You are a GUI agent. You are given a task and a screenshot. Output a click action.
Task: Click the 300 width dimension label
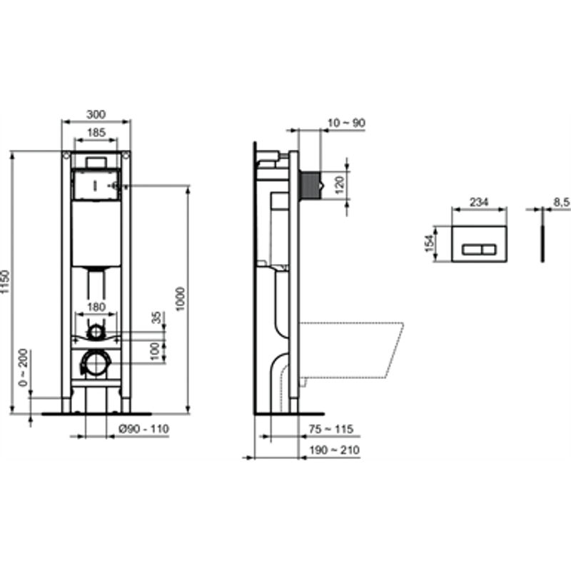click(x=96, y=113)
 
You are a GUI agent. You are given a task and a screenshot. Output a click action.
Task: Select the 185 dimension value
click(x=97, y=132)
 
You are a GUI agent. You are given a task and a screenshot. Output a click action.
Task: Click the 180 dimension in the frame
click(x=96, y=308)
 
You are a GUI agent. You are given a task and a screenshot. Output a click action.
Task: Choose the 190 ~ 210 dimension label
click(x=335, y=450)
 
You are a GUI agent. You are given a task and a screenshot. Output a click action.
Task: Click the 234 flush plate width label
click(x=479, y=203)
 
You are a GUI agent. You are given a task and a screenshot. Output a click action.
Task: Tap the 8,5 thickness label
click(x=562, y=203)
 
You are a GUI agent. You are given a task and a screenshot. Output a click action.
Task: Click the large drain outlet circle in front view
click(x=96, y=363)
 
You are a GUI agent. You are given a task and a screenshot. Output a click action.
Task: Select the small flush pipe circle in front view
click(x=96, y=332)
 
